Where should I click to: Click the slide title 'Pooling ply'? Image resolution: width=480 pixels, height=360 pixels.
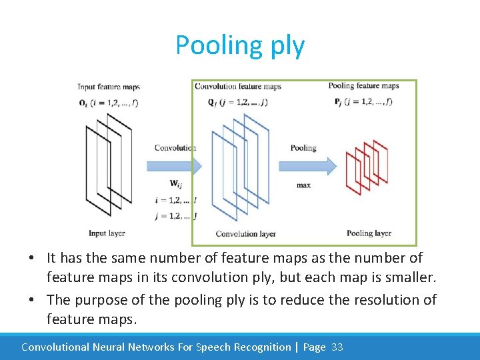[x=240, y=45]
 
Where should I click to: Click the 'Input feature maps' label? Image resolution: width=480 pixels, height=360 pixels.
[x=109, y=87]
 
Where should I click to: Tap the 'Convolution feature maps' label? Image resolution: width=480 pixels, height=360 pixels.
[x=238, y=86]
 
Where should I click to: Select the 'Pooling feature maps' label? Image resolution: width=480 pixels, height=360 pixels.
[x=363, y=85]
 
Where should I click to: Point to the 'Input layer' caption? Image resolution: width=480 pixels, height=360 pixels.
[x=107, y=233]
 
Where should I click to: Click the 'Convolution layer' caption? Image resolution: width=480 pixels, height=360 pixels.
[x=245, y=234]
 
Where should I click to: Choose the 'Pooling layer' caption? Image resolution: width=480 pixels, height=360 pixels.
[x=369, y=233]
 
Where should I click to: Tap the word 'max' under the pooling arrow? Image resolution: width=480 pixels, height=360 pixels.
[x=303, y=185]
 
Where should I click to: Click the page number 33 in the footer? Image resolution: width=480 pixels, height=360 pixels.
[x=337, y=347]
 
